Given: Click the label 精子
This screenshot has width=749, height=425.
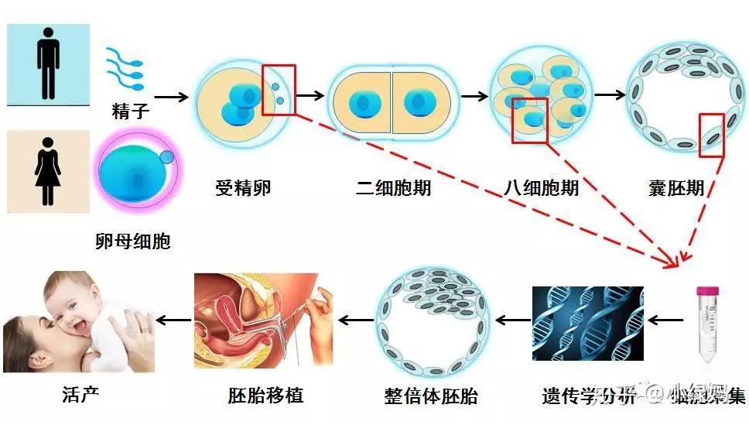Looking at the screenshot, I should tap(128, 113).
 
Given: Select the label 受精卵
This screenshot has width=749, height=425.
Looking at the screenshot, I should tap(244, 187).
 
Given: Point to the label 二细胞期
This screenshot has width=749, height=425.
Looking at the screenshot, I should tap(394, 187).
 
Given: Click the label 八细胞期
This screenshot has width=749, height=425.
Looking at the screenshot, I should tap(541, 187).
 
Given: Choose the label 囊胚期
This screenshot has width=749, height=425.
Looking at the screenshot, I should tap(677, 187).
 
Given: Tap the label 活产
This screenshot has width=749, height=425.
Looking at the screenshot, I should tap(80, 394).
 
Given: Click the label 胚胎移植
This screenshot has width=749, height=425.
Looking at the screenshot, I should tap(265, 396).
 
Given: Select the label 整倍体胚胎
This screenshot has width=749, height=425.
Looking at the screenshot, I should tap(431, 396).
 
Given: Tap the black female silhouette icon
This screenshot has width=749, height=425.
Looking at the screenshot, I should tap(47, 170).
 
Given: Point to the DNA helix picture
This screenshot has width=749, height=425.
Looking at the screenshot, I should tap(587, 323).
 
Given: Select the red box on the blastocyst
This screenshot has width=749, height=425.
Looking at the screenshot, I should tap(712, 135).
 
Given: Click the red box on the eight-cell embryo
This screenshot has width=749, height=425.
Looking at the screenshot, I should tap(530, 120).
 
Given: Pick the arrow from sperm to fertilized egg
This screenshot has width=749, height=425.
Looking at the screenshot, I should tap(171, 97).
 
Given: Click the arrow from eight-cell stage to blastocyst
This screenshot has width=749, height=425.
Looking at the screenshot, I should tap(609, 95).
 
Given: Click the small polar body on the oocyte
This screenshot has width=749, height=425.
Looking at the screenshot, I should tap(167, 158).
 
